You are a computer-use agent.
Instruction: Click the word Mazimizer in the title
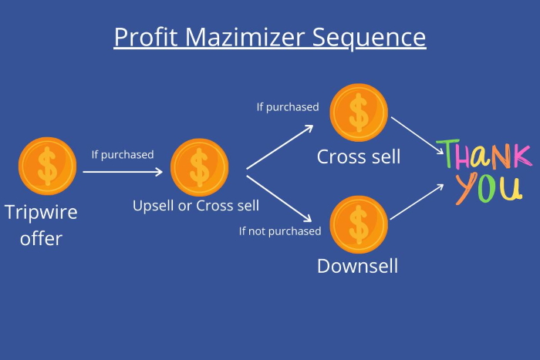pyautogui.click(x=245, y=36)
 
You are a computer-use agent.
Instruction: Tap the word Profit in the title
pyautogui.click(x=146, y=36)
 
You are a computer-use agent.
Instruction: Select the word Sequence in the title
pyautogui.click(x=369, y=38)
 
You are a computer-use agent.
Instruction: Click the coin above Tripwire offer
pyautogui.click(x=48, y=167)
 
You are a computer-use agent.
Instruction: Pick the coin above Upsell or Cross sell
pyautogui.click(x=199, y=167)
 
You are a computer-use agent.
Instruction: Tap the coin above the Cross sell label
pyautogui.click(x=359, y=113)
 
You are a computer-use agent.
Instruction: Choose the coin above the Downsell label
pyautogui.click(x=359, y=224)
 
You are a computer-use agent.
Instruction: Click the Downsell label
pyautogui.click(x=357, y=266)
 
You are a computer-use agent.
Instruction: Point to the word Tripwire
pyautogui.click(x=41, y=212)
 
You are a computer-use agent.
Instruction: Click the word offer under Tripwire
pyautogui.click(x=41, y=238)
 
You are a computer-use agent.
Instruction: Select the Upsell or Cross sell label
pyautogui.click(x=196, y=206)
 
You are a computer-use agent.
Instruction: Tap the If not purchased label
pyautogui.click(x=280, y=231)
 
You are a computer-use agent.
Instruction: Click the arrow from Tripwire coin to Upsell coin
pyautogui.click(x=123, y=172)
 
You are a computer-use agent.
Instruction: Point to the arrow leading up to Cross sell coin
pyautogui.click(x=279, y=147)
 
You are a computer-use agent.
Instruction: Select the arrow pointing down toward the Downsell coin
pyautogui.click(x=279, y=199)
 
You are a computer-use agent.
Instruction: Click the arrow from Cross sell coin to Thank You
pyautogui.click(x=417, y=136)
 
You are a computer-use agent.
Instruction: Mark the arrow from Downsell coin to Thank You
pyautogui.click(x=417, y=202)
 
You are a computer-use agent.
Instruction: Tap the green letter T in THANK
pyautogui.click(x=448, y=153)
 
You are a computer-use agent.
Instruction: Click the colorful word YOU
pyautogui.click(x=488, y=189)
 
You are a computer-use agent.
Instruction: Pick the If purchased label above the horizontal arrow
pyautogui.click(x=123, y=154)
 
